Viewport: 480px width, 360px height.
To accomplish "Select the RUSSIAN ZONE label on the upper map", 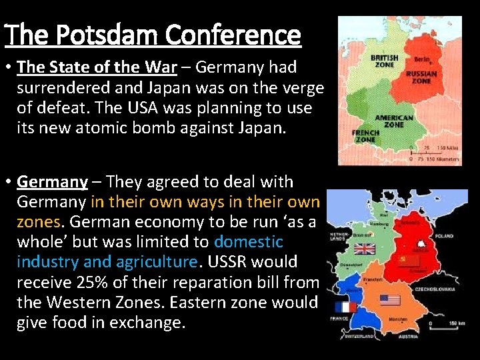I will [422, 77].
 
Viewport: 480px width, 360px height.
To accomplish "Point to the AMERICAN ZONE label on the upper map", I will [394, 120].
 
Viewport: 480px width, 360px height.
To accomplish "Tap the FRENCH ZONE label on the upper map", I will [365, 135].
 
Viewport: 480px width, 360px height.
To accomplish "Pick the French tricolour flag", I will [345, 307].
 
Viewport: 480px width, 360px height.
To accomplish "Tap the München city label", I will [398, 320].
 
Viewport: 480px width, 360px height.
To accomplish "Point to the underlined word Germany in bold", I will [53, 181].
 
